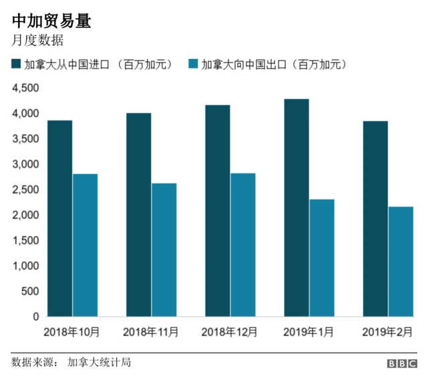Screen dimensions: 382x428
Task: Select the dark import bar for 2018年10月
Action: pyautogui.click(x=60, y=218)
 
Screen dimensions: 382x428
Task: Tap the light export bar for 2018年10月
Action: pyautogui.click(x=85, y=245)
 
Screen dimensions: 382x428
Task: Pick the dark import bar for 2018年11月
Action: pyautogui.click(x=139, y=215)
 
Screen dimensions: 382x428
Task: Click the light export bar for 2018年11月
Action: pyautogui.click(x=164, y=250)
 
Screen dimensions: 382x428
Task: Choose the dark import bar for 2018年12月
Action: pyautogui.click(x=218, y=211)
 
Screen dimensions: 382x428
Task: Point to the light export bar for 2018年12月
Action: pyautogui.click(x=243, y=245)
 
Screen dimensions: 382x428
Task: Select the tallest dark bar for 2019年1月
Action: pyautogui.click(x=296, y=207)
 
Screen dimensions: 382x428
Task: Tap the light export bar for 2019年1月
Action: pyautogui.click(x=322, y=258)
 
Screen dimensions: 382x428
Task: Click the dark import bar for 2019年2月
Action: pyautogui.click(x=375, y=219)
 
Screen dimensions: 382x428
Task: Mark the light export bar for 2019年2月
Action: pyautogui.click(x=401, y=262)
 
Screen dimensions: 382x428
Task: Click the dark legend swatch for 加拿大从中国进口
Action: pyautogui.click(x=16, y=64)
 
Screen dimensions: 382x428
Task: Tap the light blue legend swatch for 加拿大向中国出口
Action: pyautogui.click(x=193, y=64)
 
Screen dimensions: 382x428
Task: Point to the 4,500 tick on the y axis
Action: pyautogui.click(x=25, y=88)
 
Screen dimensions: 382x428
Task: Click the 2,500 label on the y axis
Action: pyautogui.click(x=25, y=189)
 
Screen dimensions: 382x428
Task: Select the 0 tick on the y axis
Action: pyautogui.click(x=35, y=316)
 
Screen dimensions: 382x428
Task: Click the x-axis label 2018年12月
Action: pyautogui.click(x=229, y=331)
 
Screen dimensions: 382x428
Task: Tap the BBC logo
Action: pyautogui.click(x=401, y=363)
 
